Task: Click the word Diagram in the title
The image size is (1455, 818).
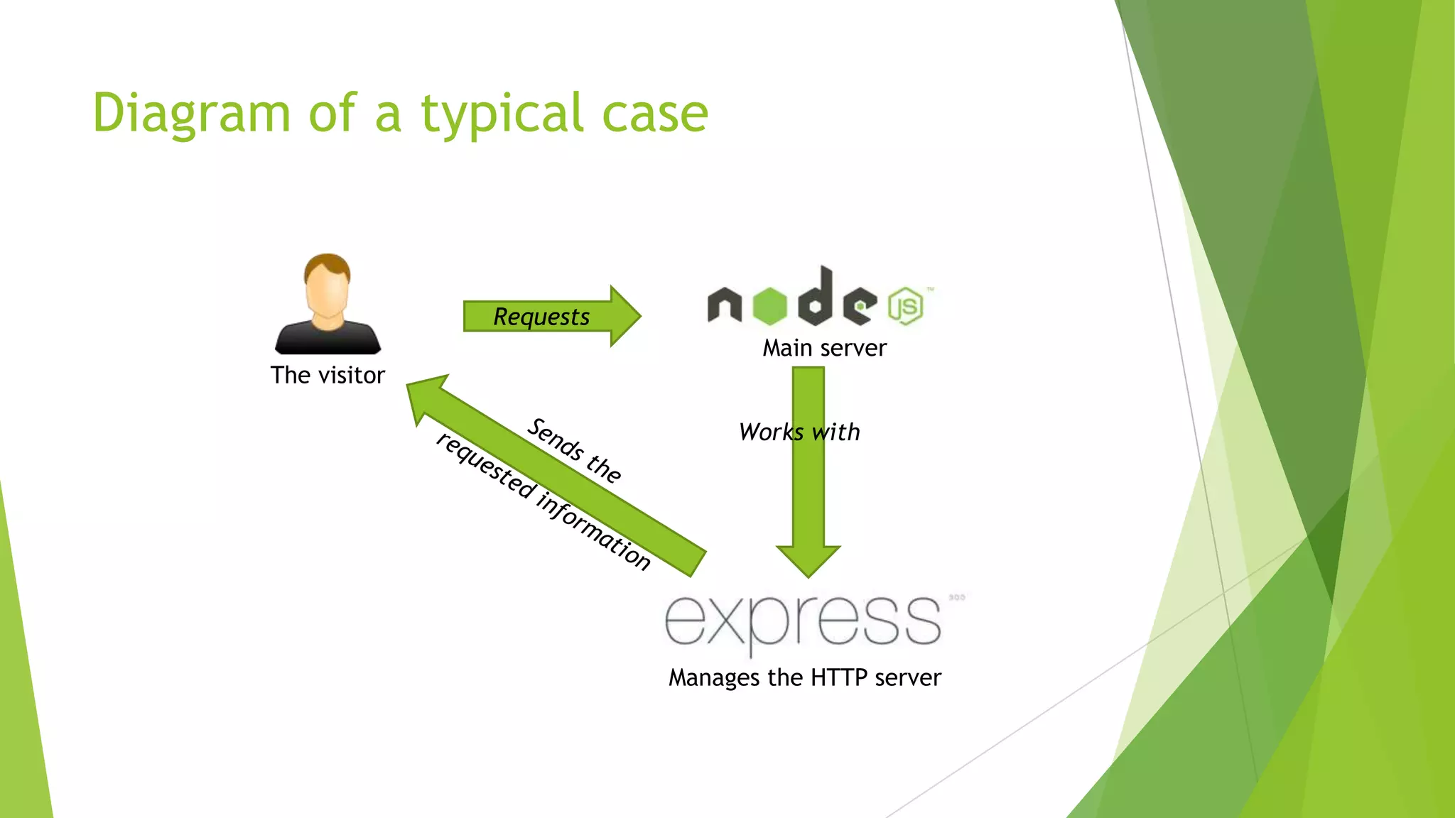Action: (191, 114)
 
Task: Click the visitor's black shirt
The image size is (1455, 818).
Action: (328, 339)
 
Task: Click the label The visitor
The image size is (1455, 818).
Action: (328, 375)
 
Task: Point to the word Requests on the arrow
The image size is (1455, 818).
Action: (541, 317)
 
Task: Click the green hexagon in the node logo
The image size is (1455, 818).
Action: (769, 306)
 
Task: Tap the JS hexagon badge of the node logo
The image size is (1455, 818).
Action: (906, 306)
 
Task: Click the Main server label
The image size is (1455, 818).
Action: (824, 348)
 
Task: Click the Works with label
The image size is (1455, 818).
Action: (799, 432)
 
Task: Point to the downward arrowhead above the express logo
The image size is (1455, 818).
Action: (808, 560)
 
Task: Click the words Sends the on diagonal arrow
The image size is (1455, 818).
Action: (574, 450)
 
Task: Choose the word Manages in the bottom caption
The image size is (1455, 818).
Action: (715, 678)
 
